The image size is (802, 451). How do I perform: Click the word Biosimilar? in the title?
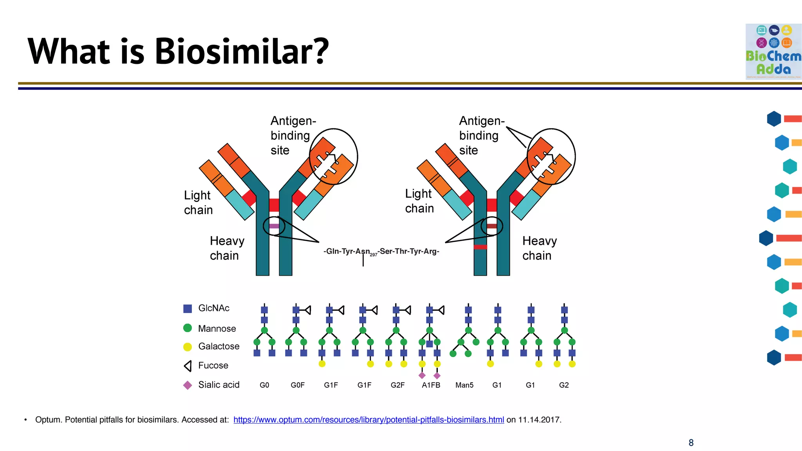[242, 52]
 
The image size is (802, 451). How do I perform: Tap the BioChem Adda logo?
[773, 51]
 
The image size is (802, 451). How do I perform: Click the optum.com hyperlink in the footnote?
[368, 420]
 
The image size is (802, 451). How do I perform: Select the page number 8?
[691, 443]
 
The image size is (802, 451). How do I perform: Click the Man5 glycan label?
[464, 385]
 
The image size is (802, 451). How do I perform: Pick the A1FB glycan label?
[431, 385]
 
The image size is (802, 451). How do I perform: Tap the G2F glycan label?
[397, 385]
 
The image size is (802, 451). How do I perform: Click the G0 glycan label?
[264, 385]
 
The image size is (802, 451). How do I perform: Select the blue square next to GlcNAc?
[188, 308]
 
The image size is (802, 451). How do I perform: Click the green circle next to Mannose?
[188, 328]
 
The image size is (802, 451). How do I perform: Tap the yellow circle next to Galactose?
[188, 346]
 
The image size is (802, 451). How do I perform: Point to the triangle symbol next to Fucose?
[188, 366]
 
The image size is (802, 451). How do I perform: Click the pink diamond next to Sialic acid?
[188, 385]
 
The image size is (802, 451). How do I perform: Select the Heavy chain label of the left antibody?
[227, 248]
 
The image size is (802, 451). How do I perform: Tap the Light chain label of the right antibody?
[419, 201]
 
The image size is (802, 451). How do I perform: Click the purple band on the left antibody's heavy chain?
[274, 226]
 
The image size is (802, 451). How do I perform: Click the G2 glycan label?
[564, 385]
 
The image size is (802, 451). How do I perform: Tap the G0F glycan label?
[298, 385]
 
